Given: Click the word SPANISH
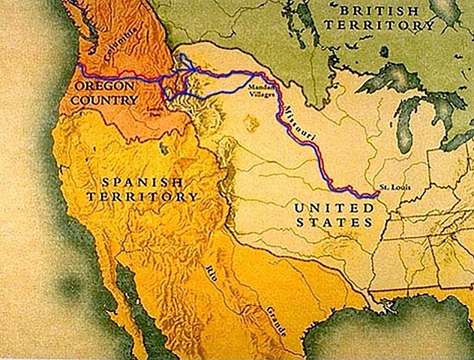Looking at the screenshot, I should coord(142,182).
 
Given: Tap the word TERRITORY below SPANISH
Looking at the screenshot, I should coord(142,196).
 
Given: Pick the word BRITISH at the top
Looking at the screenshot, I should coord(379,10).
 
